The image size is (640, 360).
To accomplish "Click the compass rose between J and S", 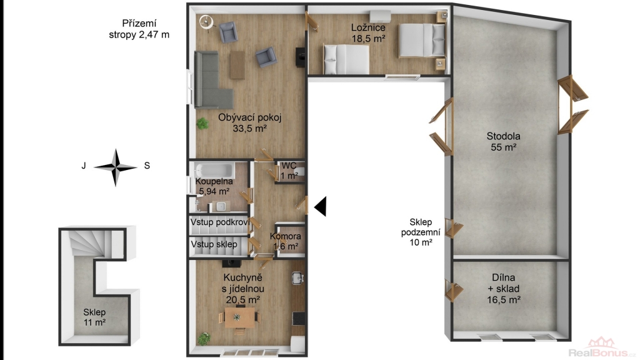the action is tap(116, 167).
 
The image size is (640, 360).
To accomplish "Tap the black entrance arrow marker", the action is tap(321, 206).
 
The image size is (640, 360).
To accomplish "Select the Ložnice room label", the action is tap(368, 33).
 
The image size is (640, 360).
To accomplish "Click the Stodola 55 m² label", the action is tap(503, 142).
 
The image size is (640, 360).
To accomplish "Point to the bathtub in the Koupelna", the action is tap(214, 169).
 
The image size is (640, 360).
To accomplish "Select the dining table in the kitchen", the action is tap(239, 317).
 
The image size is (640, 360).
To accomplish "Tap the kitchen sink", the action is tap(297, 278).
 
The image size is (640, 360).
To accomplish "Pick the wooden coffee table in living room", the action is tap(237, 64).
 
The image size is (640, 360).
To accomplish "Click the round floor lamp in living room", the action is tap(206, 22).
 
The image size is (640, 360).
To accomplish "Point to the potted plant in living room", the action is tap(202, 123).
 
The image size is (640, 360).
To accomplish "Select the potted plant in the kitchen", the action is tap(204, 338).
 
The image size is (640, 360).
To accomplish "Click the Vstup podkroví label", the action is tap(219, 222).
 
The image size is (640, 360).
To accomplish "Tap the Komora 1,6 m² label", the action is tap(285, 241).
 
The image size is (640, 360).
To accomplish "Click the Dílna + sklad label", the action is tap(503, 289).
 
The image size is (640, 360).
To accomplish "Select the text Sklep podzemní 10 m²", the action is tap(421, 232).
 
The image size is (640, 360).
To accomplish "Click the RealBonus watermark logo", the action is tap(601, 348).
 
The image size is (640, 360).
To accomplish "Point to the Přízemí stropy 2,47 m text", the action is tap(139, 29).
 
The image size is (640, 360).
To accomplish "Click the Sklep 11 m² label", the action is tap(94, 317).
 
